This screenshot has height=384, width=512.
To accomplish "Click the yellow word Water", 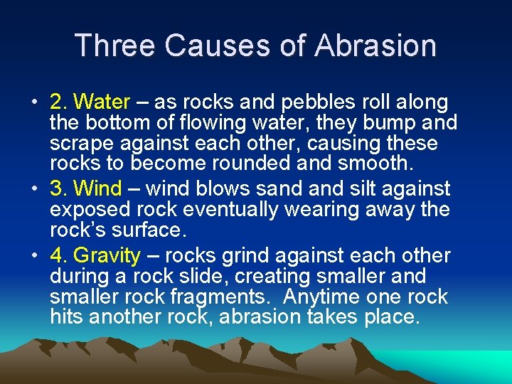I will (102, 102).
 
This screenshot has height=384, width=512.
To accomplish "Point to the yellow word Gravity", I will (107, 255).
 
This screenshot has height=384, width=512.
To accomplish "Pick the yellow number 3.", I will (56, 189).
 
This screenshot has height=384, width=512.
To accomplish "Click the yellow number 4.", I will (56, 255).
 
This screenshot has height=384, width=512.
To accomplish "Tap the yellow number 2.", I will (56, 102).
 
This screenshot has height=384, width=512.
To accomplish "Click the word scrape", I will (81, 144).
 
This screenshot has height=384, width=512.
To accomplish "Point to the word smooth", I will (376, 163).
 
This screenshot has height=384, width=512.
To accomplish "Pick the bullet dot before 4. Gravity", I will (34, 256).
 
